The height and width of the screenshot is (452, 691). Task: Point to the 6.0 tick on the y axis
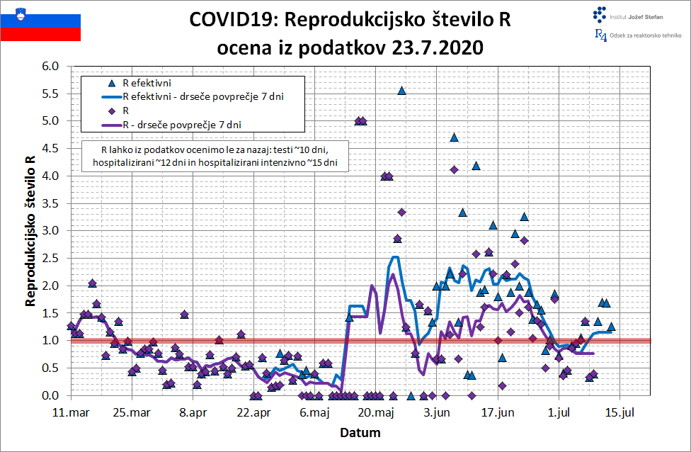[x=55, y=67]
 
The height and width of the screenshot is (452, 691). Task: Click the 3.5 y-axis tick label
[x=55, y=203]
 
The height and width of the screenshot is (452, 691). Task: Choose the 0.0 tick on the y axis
[x=55, y=395]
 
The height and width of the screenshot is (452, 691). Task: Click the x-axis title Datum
[x=360, y=432]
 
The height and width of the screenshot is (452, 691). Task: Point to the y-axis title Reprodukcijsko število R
[x=30, y=230]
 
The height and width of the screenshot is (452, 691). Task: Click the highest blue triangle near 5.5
[x=401, y=90]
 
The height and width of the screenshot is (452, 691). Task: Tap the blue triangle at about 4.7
[x=454, y=137]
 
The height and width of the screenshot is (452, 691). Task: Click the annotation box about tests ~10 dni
[x=219, y=157]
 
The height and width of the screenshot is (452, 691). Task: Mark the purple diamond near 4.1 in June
[x=454, y=169]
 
